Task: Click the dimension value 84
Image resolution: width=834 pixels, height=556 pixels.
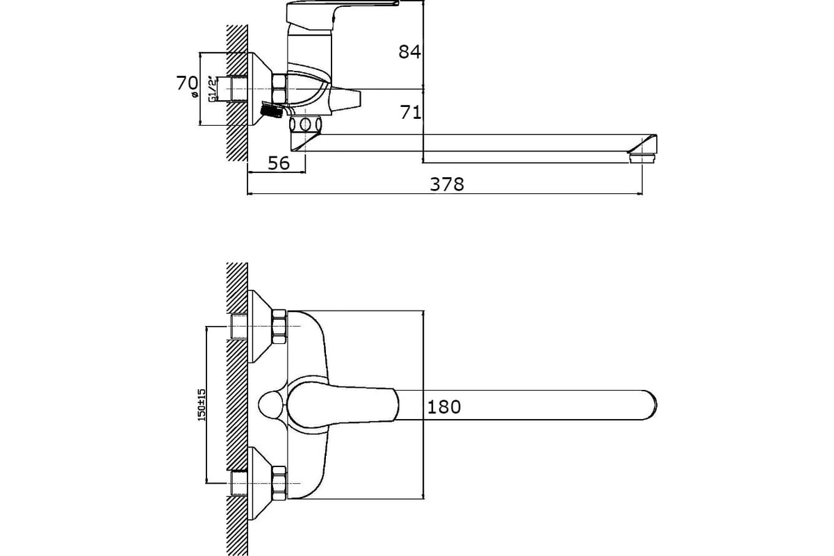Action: pos(409,51)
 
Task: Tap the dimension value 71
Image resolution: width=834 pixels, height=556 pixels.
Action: pos(411,112)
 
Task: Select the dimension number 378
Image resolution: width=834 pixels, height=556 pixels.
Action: pos(447,184)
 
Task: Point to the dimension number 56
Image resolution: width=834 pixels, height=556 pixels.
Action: pos(279,163)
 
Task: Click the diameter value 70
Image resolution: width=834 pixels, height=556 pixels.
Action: pos(187,83)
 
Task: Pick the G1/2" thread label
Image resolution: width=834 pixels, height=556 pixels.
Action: pos(212,90)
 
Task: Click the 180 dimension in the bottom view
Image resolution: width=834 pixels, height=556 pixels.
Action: pos(444,407)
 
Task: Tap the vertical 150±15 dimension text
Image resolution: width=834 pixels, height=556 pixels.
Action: pos(202,404)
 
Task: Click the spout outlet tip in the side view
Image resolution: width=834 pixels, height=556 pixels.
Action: pos(643,158)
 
